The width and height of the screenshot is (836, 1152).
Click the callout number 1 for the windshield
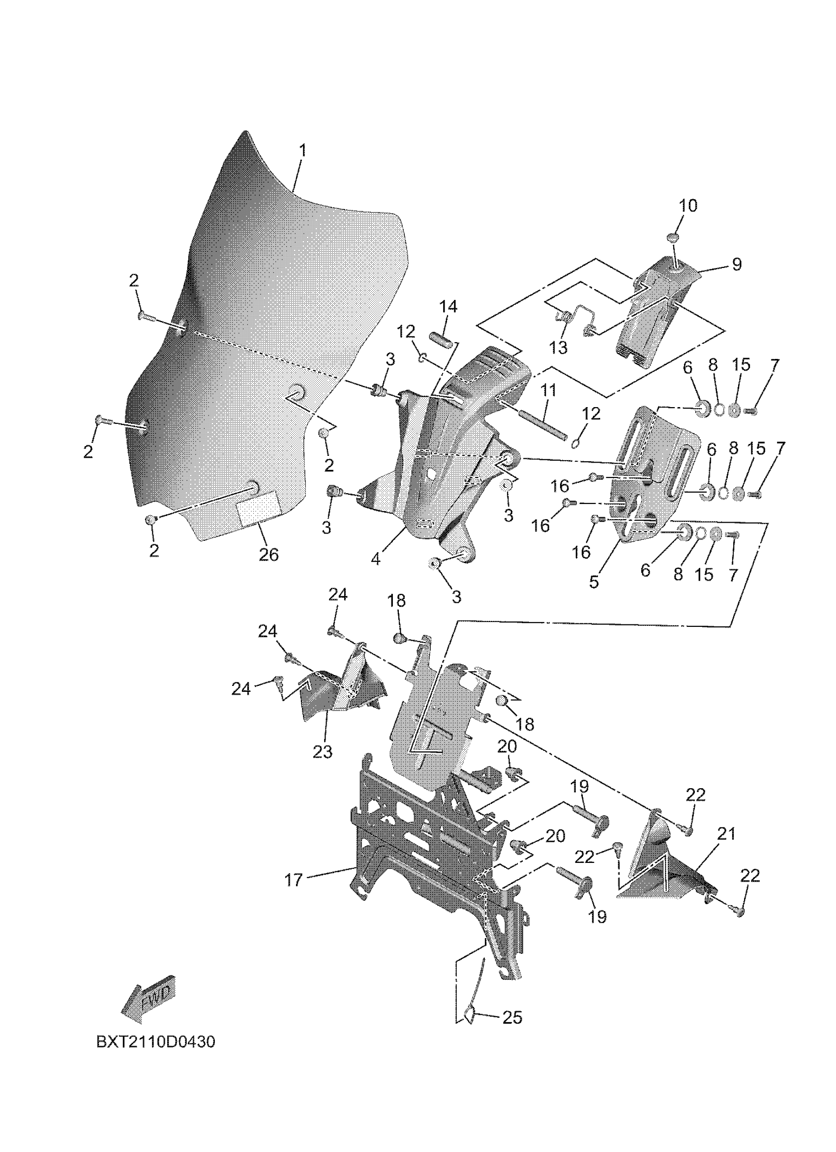pos(302,151)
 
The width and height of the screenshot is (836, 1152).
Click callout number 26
pos(269,555)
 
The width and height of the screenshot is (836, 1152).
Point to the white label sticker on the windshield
pos(259,508)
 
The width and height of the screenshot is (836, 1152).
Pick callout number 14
pos(448,306)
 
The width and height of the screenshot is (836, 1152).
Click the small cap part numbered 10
pos(673,237)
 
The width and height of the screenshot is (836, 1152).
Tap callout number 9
pos(736,264)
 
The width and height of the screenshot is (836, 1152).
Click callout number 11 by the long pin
pos(548,390)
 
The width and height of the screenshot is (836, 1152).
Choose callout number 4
pos(375,559)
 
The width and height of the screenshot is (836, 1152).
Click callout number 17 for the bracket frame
pos(294,880)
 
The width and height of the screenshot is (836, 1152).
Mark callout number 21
pos(726,834)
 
